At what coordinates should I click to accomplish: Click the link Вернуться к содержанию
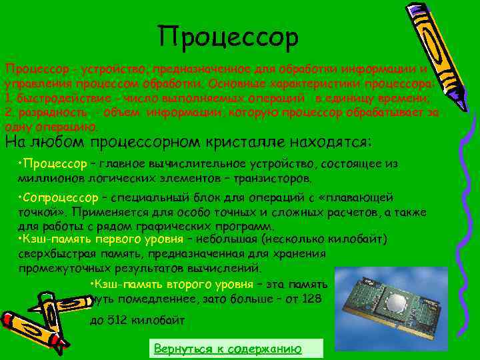[x=228, y=349]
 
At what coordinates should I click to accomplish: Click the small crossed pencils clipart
[x=37, y=320]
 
